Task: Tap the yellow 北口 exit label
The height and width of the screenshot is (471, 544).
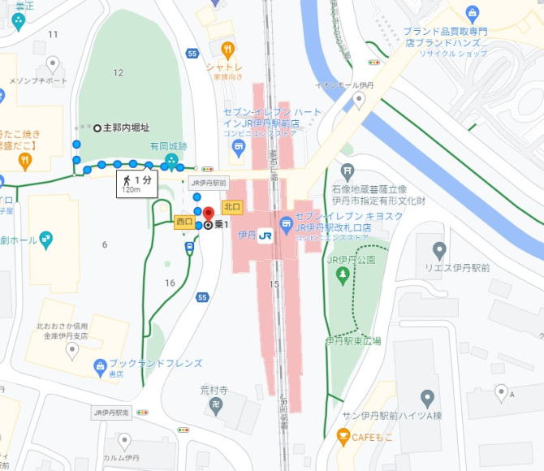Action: click(232, 208)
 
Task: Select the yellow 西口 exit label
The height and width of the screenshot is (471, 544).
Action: click(183, 222)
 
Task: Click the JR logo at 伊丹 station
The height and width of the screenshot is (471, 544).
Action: click(266, 236)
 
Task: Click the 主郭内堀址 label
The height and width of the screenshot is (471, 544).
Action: click(126, 127)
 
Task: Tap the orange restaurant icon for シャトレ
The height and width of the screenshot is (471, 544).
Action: click(229, 49)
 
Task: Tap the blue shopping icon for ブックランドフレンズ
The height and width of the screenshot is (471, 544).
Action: click(100, 365)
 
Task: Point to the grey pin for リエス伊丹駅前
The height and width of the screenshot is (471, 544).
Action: click(439, 249)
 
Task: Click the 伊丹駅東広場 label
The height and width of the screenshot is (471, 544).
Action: click(353, 341)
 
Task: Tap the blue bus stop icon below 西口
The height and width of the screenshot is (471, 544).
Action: click(188, 248)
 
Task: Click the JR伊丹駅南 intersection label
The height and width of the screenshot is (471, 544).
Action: click(112, 413)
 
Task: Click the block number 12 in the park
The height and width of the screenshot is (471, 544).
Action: click(119, 73)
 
